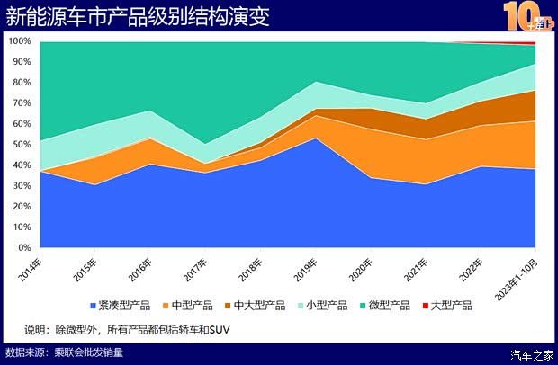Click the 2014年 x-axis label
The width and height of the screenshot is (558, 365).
(x=30, y=267)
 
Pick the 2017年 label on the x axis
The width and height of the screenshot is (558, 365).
(x=197, y=267)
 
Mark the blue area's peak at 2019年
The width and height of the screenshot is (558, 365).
(x=315, y=138)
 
